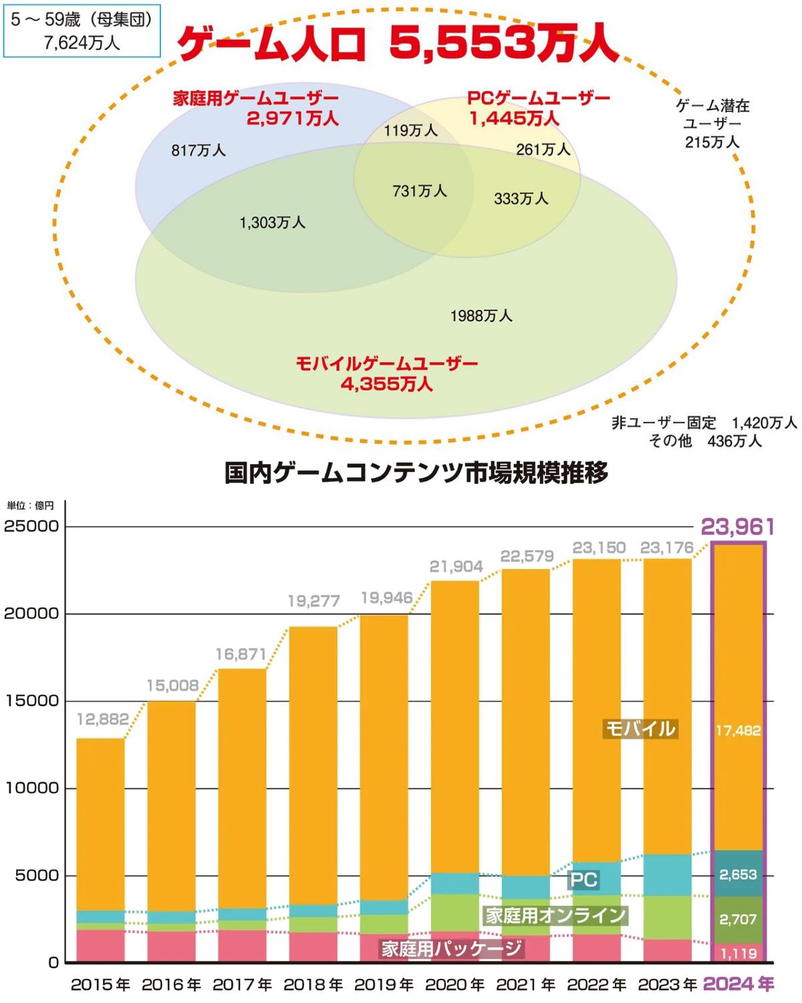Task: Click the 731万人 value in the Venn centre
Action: coord(420,191)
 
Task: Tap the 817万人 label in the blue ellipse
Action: coord(198,150)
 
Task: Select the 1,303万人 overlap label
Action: coord(273,223)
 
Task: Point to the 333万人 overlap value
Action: coord(521,199)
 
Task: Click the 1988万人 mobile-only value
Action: coord(481,316)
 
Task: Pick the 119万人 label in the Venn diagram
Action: coord(410,130)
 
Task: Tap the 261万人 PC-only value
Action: coord(543,149)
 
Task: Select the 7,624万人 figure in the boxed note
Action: coord(82,43)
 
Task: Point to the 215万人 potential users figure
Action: coord(712,142)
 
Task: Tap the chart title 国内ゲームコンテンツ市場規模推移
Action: coord(416,473)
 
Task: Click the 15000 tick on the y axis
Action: coord(31,701)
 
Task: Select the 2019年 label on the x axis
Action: coord(384,985)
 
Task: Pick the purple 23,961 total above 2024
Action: coord(738,527)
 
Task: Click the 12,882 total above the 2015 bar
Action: coord(103,719)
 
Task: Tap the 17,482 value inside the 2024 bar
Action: coord(738,731)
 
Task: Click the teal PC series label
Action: coord(583,879)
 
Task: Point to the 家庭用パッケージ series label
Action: coord(451,948)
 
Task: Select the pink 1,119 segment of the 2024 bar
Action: coord(739,954)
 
